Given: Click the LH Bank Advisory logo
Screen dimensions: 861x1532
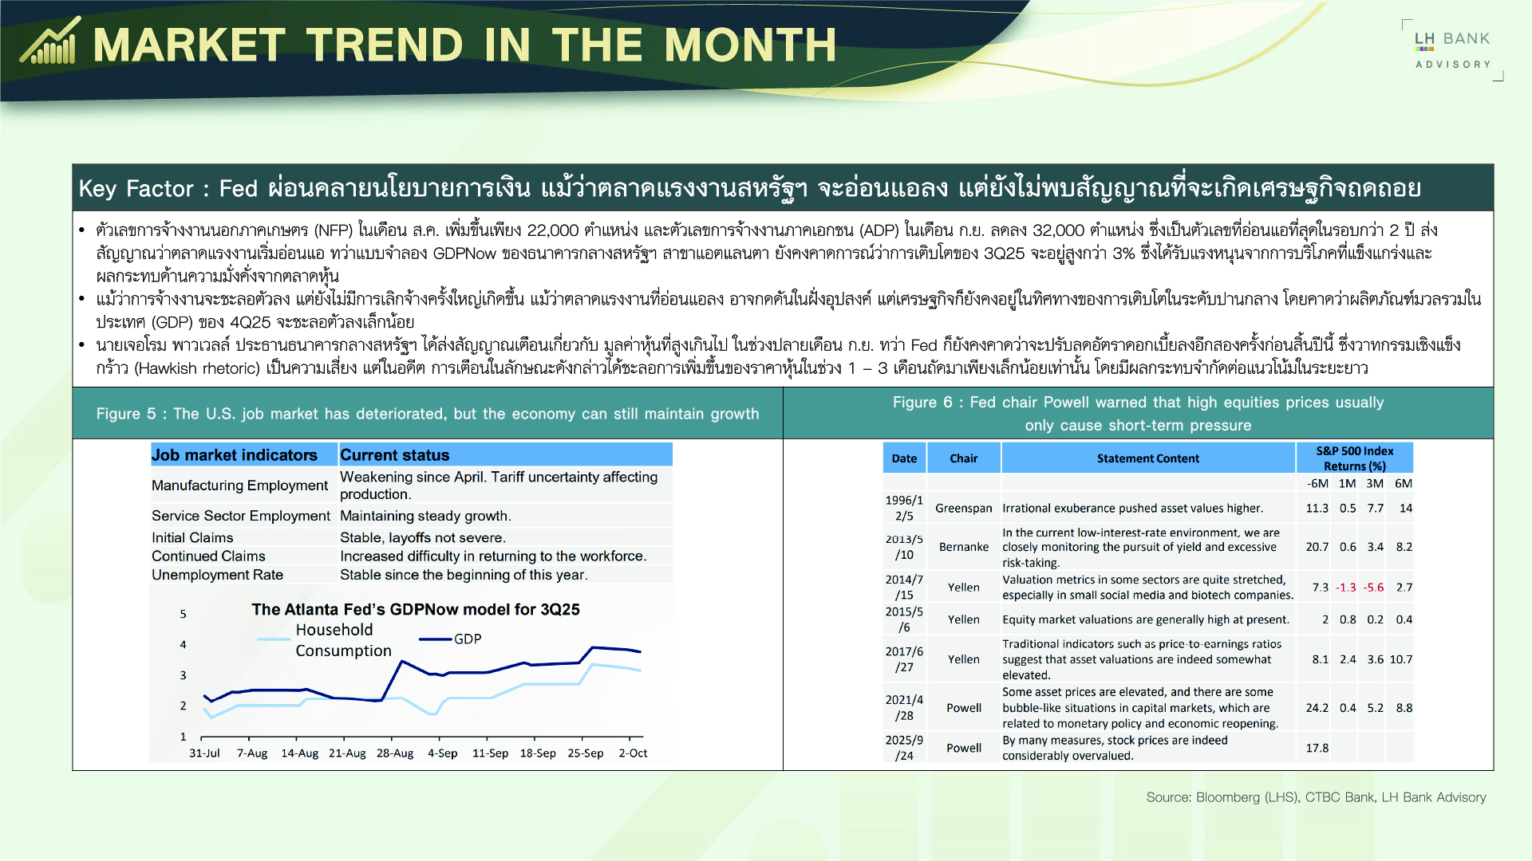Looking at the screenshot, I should tap(1452, 49).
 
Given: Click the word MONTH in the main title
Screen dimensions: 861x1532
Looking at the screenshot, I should tap(750, 45).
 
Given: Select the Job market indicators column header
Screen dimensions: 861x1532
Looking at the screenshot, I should tap(235, 455).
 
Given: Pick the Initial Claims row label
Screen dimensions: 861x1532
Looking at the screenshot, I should tap(192, 538).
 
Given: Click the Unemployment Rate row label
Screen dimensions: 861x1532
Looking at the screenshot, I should tap(217, 575).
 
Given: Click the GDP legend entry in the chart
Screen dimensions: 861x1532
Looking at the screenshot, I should tap(467, 639).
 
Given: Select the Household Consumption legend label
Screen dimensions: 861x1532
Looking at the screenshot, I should tap(343, 640).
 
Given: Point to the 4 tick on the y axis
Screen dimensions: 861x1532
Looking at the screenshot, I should tap(183, 645).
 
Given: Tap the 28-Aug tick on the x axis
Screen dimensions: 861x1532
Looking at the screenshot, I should tap(395, 753).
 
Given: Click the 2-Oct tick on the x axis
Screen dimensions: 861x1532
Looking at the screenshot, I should tap(633, 753).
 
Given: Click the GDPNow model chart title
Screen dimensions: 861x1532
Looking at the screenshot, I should tap(415, 610).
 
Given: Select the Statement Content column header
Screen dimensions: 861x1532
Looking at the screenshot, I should tap(1147, 458).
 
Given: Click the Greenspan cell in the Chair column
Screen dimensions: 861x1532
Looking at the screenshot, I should tap(963, 509).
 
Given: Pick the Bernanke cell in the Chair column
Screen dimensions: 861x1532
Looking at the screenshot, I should tap(963, 547).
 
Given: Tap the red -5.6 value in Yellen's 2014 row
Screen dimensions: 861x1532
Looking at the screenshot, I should tap(1373, 588).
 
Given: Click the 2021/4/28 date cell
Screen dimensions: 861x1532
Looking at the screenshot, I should tap(904, 708).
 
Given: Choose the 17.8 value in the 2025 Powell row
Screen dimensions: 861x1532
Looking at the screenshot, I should tap(1317, 749).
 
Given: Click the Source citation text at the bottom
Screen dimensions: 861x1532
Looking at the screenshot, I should tap(1316, 797).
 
